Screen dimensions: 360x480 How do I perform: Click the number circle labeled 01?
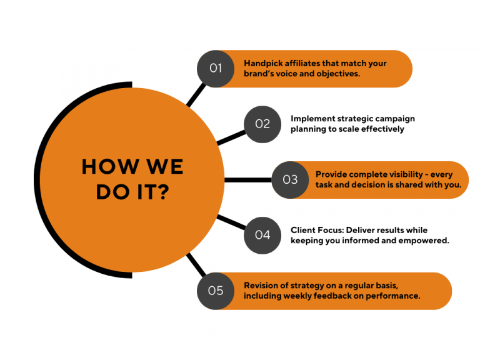pos(216,69)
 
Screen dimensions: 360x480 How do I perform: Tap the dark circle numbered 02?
pos(262,124)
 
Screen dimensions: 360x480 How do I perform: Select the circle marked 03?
pos(291,180)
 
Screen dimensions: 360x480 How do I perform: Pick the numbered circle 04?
pos(262,235)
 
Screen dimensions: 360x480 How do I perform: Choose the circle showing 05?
pos(216,291)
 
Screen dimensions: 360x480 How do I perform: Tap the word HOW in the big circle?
pos(106,167)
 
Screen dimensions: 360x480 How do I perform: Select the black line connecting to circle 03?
pos(247,180)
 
